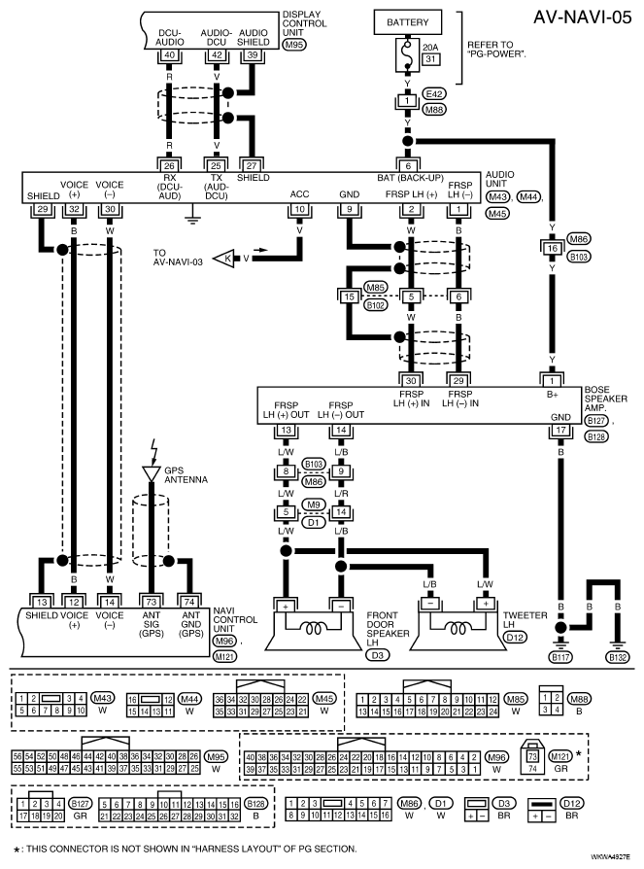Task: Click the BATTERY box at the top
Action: (408, 22)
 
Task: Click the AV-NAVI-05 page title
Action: (583, 17)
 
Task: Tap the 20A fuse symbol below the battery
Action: (408, 54)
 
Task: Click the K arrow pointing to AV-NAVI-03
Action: (224, 259)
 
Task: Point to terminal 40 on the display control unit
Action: (169, 55)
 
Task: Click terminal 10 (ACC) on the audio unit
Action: (299, 210)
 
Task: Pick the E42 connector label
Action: (434, 93)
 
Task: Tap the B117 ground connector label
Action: (560, 657)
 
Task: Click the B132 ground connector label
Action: (618, 657)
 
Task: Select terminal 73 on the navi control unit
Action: (152, 602)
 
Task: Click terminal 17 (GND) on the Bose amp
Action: (560, 430)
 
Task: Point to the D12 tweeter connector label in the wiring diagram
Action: (515, 638)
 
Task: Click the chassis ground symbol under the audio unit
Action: (192, 216)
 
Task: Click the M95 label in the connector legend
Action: (216, 756)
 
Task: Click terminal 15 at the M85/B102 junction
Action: (349, 297)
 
